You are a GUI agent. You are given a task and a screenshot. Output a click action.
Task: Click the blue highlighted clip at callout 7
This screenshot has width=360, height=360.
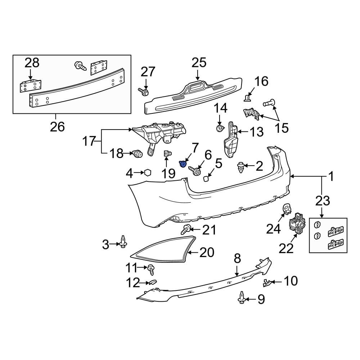tap(183, 165)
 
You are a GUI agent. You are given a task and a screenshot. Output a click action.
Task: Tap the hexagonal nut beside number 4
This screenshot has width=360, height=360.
tap(147, 173)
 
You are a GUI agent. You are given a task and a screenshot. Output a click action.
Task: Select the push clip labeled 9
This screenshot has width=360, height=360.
tap(242, 297)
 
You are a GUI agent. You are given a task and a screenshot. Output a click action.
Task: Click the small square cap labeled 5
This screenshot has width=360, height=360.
tap(207, 179)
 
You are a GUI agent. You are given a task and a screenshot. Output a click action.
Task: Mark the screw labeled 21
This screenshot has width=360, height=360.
tap(186, 229)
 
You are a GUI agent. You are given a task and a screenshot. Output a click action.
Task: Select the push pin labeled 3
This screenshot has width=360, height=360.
tap(124, 242)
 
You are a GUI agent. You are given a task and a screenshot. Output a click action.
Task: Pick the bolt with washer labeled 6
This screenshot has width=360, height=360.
tap(195, 171)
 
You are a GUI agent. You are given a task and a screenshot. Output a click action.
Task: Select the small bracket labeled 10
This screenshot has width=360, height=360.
tap(268, 283)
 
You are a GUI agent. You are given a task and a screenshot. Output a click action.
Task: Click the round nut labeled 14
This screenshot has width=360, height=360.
tap(219, 128)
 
